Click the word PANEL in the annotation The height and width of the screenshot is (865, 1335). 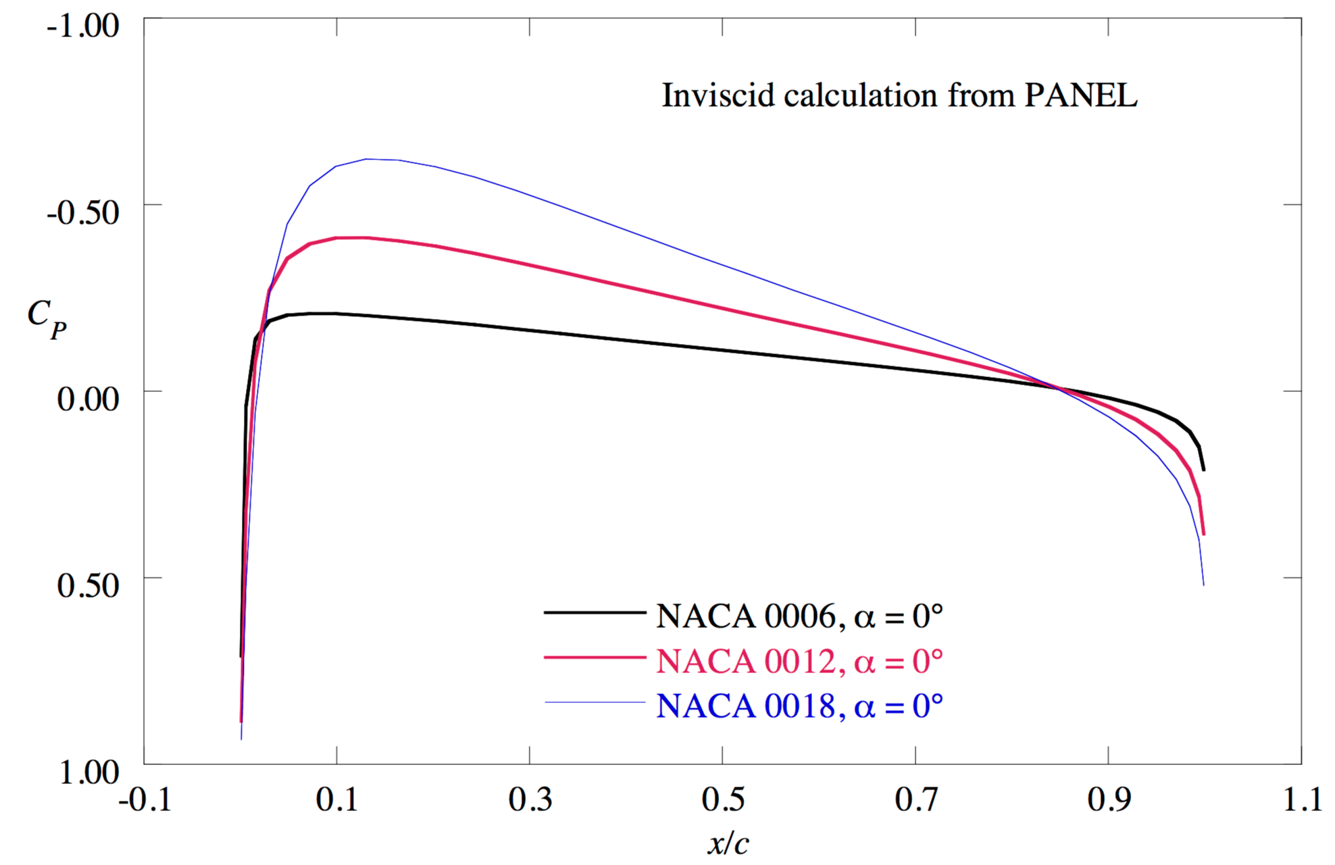click(1080, 95)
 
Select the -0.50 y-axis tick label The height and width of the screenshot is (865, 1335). click(82, 212)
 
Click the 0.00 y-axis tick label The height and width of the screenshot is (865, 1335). click(88, 399)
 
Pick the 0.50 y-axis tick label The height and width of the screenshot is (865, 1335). click(88, 585)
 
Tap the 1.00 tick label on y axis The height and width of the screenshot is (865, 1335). click(88, 772)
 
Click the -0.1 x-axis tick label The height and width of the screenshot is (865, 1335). click(145, 800)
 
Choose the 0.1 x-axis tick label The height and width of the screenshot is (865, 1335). click(336, 800)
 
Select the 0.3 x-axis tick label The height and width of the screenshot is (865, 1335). click(530, 800)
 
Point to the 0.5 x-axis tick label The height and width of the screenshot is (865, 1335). click(723, 800)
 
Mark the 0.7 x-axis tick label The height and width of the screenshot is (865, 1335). click(916, 800)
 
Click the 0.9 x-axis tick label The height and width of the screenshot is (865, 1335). click(1109, 800)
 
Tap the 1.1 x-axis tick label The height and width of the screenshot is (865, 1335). click(1302, 800)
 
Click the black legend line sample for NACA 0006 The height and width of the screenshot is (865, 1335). click(595, 612)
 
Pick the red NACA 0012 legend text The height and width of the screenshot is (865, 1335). click(799, 661)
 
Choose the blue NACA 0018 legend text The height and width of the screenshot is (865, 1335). click(799, 706)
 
